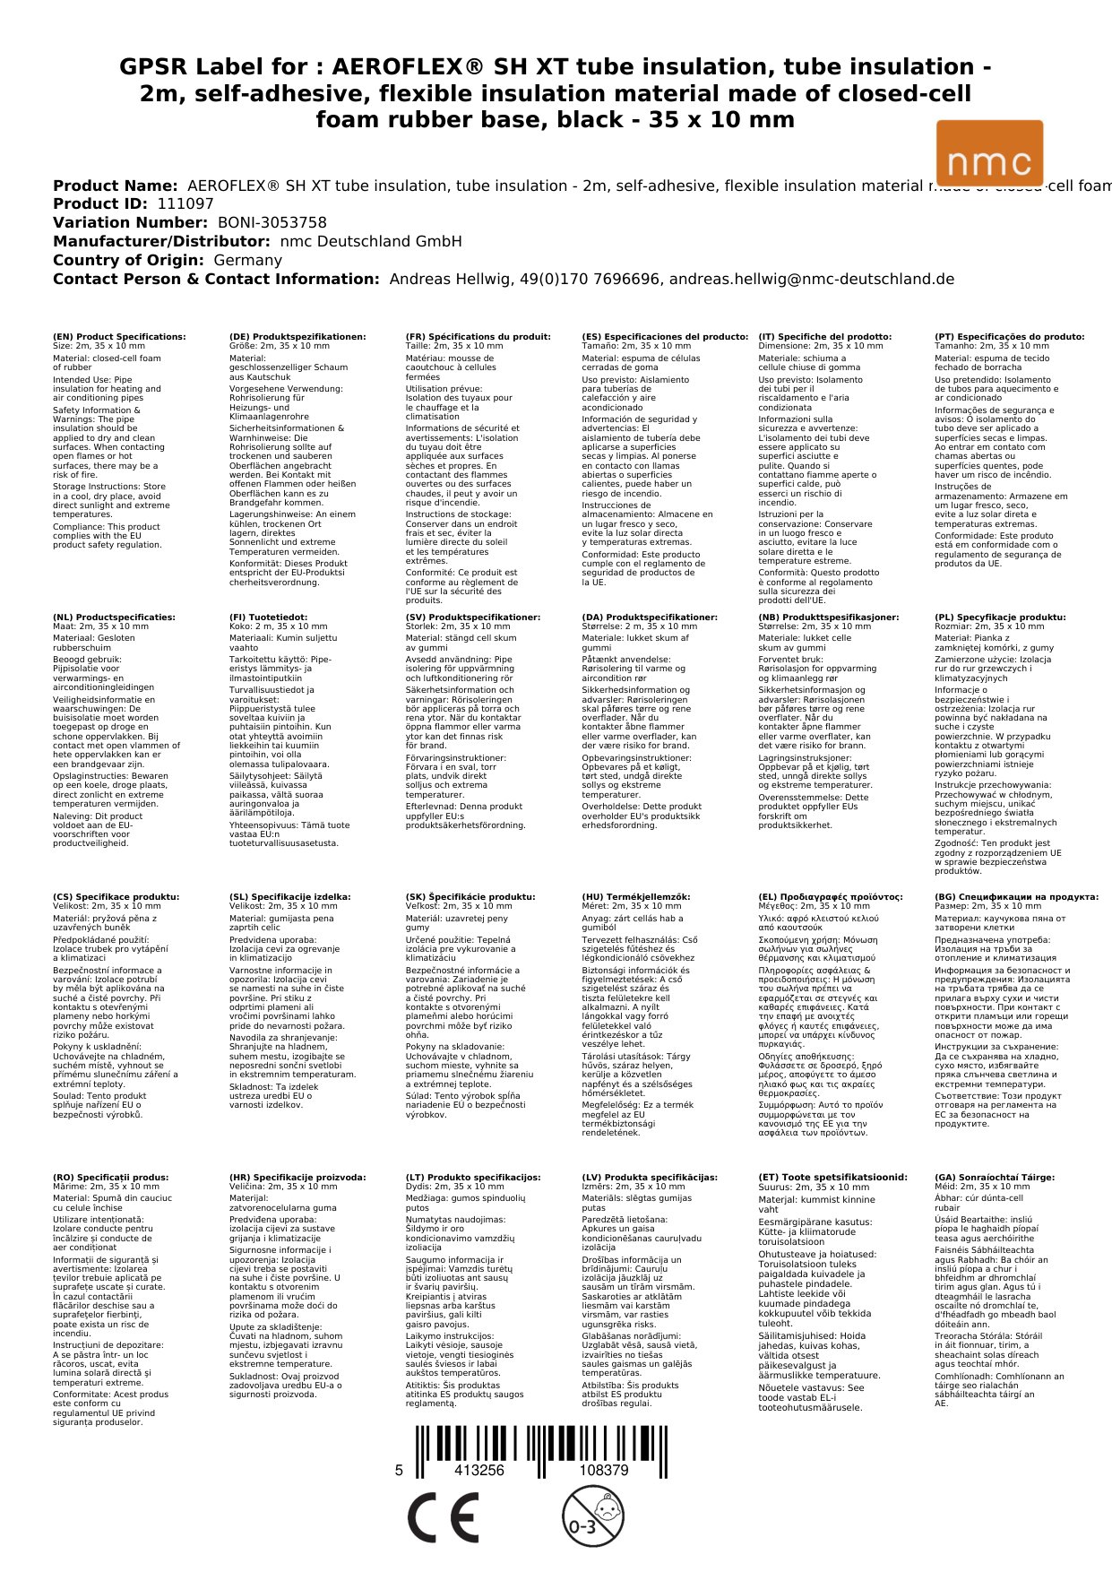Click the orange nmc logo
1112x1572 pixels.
pyautogui.click(x=989, y=153)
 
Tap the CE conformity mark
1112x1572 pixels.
pyautogui.click(x=443, y=1515)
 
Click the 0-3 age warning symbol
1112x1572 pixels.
pyautogui.click(x=591, y=1516)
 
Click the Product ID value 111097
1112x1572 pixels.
pyautogui.click(x=185, y=204)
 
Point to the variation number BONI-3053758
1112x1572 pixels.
pyautogui.click(x=272, y=223)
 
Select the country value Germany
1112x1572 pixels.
pyautogui.click(x=247, y=261)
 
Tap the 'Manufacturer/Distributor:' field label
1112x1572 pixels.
pyautogui.click(x=161, y=242)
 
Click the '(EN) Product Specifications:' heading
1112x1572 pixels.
pyautogui.click(x=119, y=337)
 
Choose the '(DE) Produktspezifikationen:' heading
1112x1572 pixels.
pyautogui.click(x=297, y=337)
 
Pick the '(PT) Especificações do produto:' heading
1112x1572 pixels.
pyautogui.click(x=1009, y=337)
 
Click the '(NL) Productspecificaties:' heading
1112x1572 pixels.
pyautogui.click(x=114, y=618)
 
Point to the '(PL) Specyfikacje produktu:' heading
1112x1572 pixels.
pyautogui.click(x=1000, y=618)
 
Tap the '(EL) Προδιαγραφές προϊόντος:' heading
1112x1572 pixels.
pyautogui.click(x=831, y=897)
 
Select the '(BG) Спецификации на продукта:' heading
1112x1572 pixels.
pyautogui.click(x=1016, y=897)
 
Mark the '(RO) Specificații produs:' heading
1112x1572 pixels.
pyautogui.click(x=111, y=1178)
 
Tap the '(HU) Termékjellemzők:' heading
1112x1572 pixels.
pyautogui.click(x=636, y=897)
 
